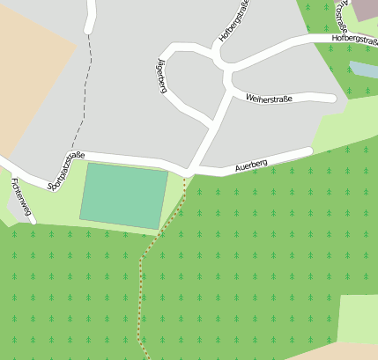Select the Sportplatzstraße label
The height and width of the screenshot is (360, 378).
click(x=66, y=171)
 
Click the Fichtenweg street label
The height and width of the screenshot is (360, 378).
click(x=22, y=197)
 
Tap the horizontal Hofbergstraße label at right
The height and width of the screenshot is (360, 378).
click(x=354, y=40)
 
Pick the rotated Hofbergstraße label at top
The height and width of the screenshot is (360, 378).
click(x=235, y=21)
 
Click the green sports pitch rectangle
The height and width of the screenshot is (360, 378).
click(x=123, y=195)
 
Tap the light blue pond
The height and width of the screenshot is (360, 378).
click(x=364, y=70)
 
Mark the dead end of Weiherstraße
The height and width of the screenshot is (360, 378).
click(x=332, y=98)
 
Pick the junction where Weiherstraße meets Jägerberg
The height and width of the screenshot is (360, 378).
click(x=231, y=92)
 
